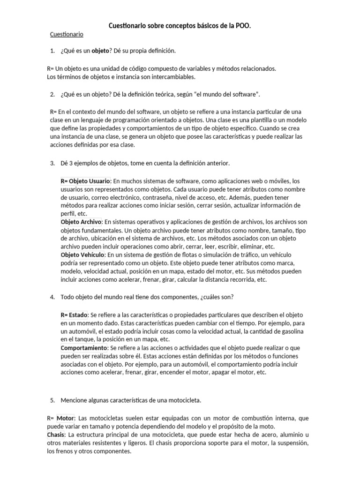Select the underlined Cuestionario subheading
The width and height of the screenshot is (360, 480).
(x=67, y=34)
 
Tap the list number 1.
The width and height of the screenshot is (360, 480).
(x=52, y=50)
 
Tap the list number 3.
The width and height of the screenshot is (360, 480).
(x=52, y=163)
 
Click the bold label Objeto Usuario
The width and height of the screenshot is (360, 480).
(x=86, y=180)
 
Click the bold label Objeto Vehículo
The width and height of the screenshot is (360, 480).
(x=82, y=255)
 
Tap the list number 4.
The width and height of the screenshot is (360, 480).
(x=52, y=297)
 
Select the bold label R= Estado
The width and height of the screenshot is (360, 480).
(x=74, y=314)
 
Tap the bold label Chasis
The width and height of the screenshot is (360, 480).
(x=56, y=435)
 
